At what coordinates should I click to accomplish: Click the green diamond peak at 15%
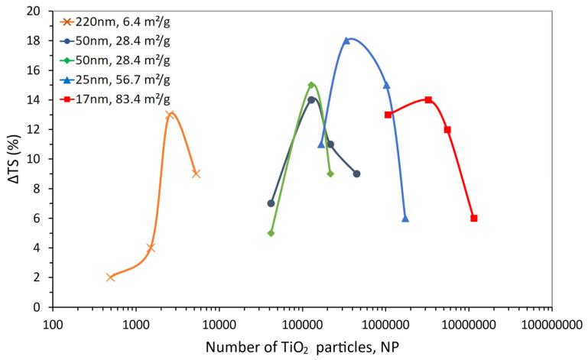(311, 85)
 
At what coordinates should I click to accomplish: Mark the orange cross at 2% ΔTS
(111, 277)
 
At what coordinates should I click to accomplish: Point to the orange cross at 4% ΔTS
(151, 248)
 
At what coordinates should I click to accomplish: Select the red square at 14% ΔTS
(428, 99)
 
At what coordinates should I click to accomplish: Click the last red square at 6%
(474, 218)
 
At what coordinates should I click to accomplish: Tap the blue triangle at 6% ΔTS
(405, 218)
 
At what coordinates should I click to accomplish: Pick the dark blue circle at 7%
(271, 203)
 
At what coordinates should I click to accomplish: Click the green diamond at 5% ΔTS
(271, 233)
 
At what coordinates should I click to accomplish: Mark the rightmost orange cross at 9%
(196, 174)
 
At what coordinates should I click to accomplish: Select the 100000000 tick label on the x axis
(551, 323)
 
